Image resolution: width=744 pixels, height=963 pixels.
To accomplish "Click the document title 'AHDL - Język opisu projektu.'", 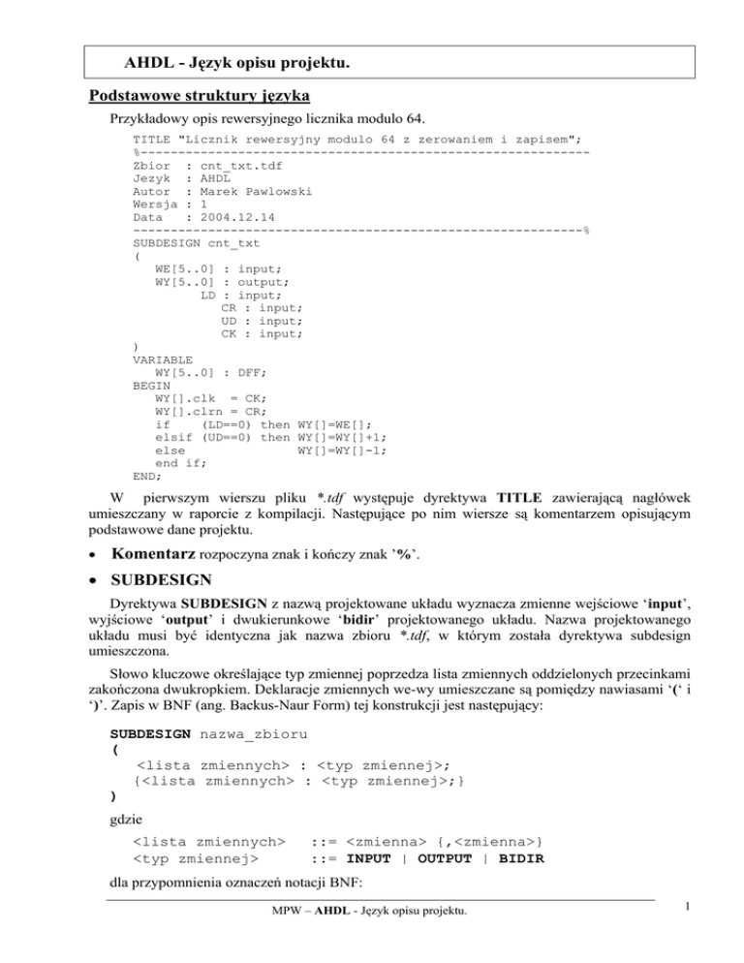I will pos(236,64).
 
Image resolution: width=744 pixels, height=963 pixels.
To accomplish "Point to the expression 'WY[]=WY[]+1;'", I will pos(343,437).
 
